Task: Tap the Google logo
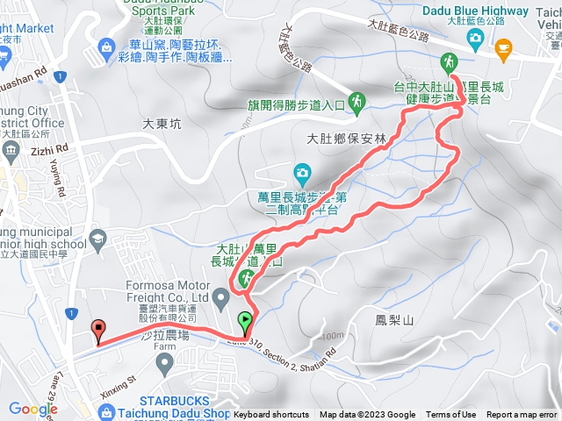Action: tap(32, 408)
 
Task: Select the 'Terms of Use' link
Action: tap(451, 415)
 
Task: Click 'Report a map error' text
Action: tap(522, 415)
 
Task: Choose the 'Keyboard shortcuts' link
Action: tap(271, 415)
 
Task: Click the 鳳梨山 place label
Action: tap(387, 320)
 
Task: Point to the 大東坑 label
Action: tap(162, 125)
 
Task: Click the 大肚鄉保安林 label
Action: tap(343, 138)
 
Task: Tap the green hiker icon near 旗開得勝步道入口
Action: tap(357, 103)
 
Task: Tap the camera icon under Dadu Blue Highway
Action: tap(475, 38)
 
